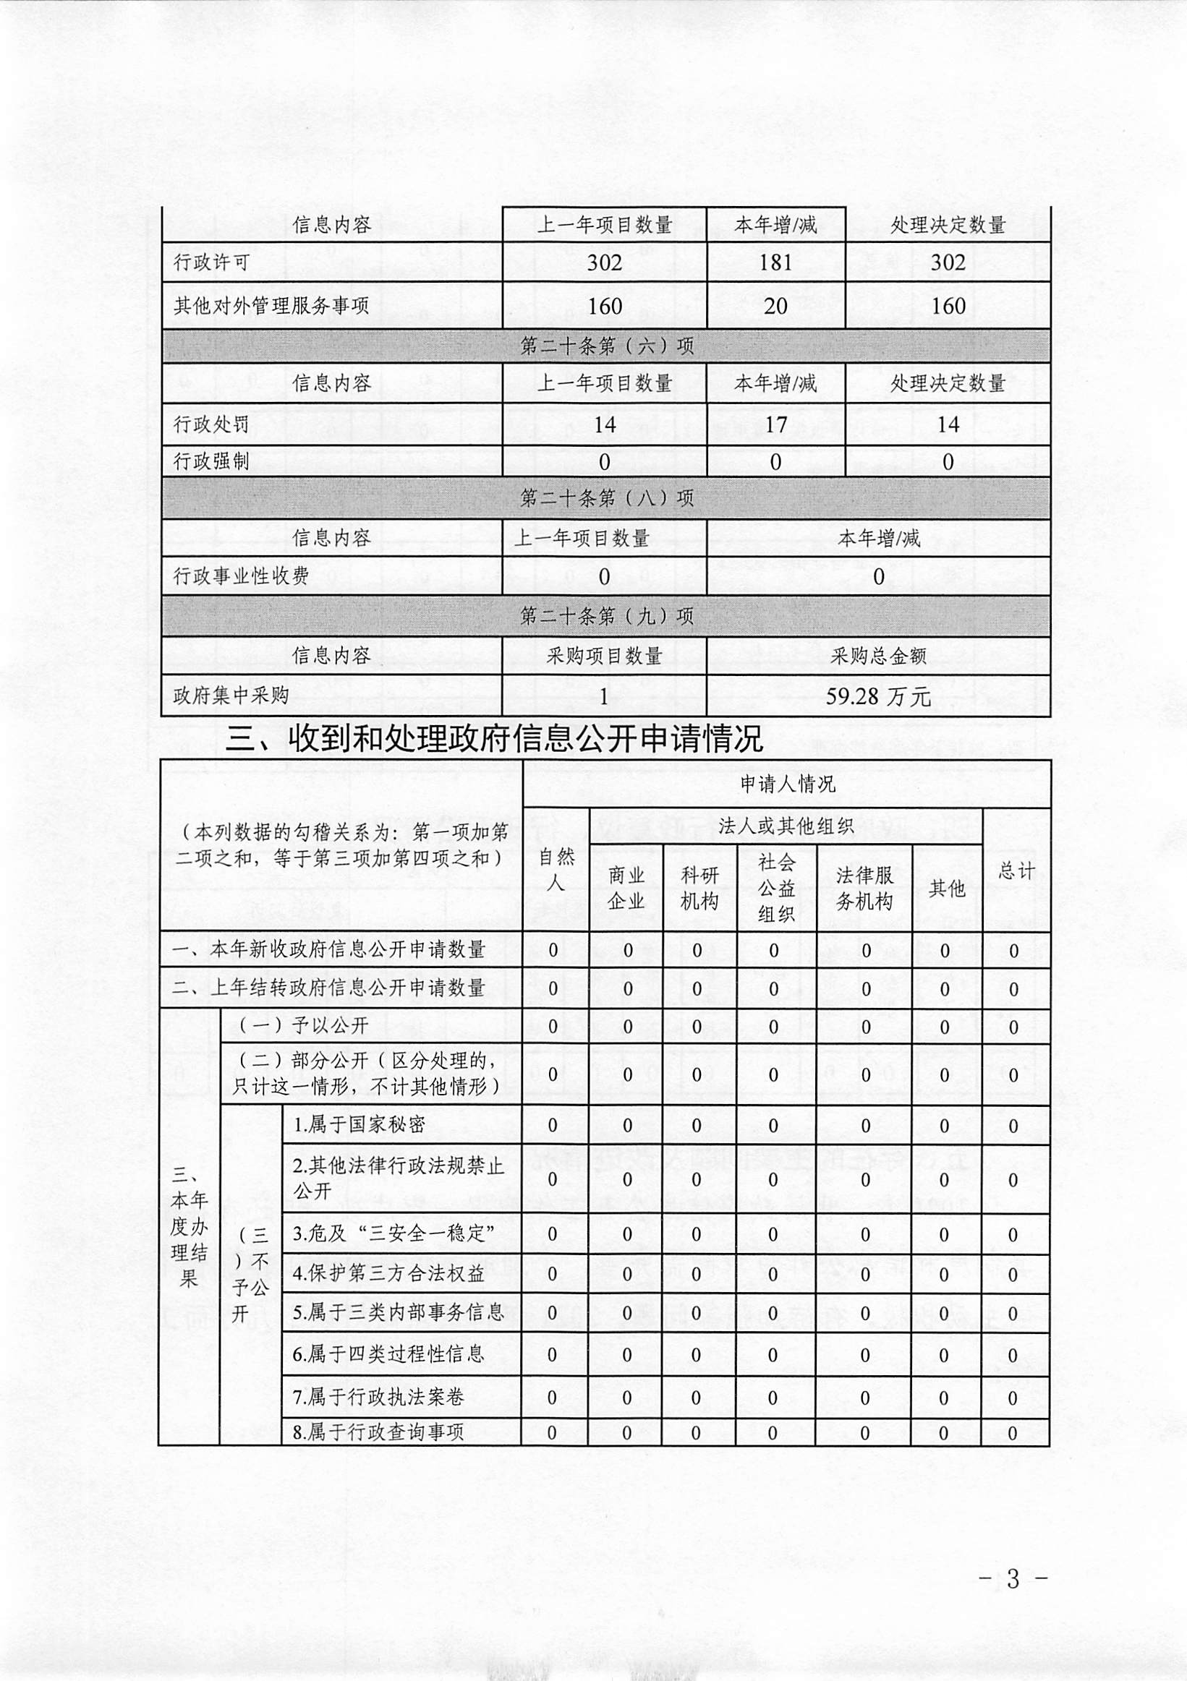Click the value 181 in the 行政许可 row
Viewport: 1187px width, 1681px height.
click(x=775, y=263)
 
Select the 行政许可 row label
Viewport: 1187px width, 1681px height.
click(x=212, y=263)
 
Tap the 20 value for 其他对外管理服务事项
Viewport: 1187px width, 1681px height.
click(x=775, y=306)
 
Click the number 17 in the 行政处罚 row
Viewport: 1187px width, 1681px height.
click(x=775, y=424)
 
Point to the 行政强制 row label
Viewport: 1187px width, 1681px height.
click(x=212, y=461)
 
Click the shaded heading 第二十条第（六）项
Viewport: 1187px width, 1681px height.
click(x=606, y=346)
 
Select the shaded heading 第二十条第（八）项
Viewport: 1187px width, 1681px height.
click(x=606, y=499)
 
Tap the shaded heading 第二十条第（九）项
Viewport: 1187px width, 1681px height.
click(x=606, y=616)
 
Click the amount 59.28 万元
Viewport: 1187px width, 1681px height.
click(x=878, y=696)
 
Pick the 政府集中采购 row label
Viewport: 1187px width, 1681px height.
click(x=231, y=696)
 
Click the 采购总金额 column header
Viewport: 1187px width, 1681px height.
click(x=878, y=656)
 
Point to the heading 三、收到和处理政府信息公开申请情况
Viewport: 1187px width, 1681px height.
click(x=494, y=740)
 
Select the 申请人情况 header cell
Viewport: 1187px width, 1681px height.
click(x=787, y=784)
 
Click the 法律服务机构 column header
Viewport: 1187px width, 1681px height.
click(x=864, y=889)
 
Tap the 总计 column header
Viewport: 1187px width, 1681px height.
click(x=1016, y=871)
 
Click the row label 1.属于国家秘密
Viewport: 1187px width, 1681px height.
click(x=359, y=1124)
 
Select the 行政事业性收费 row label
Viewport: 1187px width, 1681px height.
click(x=241, y=576)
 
